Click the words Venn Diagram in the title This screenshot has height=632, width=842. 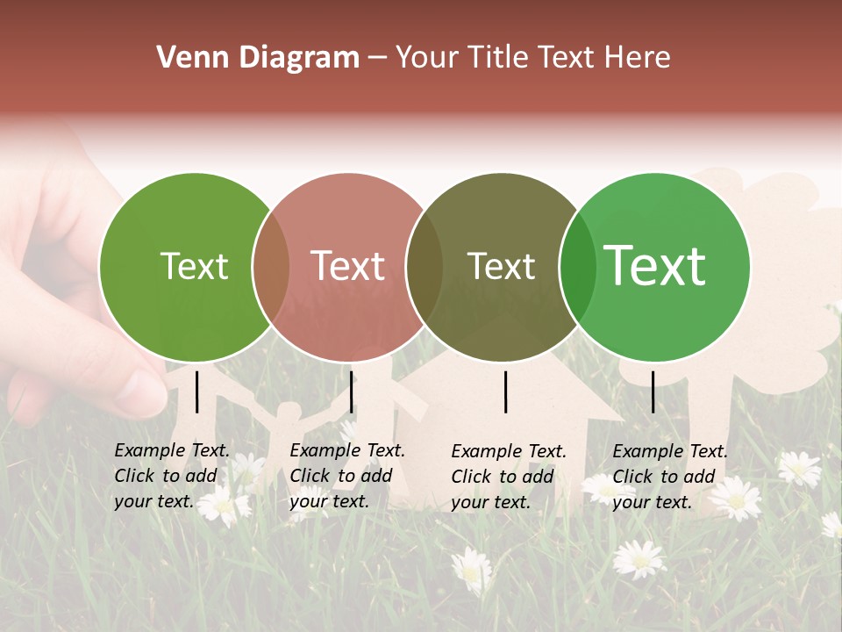coord(258,58)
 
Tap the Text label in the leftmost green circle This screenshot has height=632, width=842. coord(194,267)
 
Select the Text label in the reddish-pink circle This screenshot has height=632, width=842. coord(348,266)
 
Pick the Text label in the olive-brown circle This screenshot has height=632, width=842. coord(501,267)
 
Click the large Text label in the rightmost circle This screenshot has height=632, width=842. coord(655,266)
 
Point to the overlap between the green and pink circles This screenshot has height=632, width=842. coord(271,267)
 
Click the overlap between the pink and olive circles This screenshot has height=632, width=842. coord(425,267)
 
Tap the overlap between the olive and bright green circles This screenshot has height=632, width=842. coord(578,267)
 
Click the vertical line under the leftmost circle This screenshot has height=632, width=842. coord(197,391)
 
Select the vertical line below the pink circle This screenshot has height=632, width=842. coord(351,391)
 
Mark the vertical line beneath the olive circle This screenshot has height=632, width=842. coord(506,391)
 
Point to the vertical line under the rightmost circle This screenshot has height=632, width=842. coord(653,391)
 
